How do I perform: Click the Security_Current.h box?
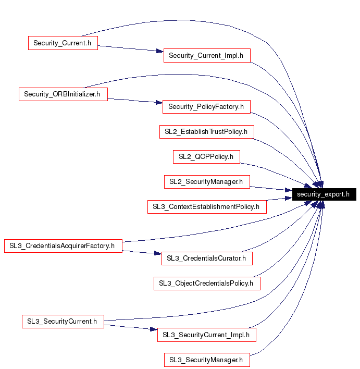pyautogui.click(x=63, y=43)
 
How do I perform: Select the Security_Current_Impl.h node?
pyautogui.click(x=207, y=56)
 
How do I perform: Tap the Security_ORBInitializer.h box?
pyautogui.click(x=63, y=94)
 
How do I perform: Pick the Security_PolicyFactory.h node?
pyautogui.click(x=206, y=107)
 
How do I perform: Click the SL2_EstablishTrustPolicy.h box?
pyautogui.click(x=207, y=132)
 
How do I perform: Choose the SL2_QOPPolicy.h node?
pyautogui.click(x=206, y=157)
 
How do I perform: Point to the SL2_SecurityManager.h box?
pyautogui.click(x=207, y=182)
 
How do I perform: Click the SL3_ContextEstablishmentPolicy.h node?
pyautogui.click(x=207, y=207)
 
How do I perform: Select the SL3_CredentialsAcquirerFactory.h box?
pyautogui.click(x=63, y=246)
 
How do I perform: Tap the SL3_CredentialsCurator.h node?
pyautogui.click(x=207, y=259)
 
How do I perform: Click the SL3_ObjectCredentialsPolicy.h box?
pyautogui.click(x=207, y=284)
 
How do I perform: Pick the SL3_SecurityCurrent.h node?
pyautogui.click(x=63, y=321)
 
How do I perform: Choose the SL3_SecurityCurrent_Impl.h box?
pyautogui.click(x=207, y=335)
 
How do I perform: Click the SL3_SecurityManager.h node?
pyautogui.click(x=207, y=360)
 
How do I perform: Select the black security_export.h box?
pyautogui.click(x=324, y=194)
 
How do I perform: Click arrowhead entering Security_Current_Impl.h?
pyautogui.click(x=160, y=51)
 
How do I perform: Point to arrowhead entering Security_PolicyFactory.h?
pyautogui.click(x=159, y=102)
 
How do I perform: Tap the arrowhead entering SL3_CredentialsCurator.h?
pyautogui.click(x=158, y=253)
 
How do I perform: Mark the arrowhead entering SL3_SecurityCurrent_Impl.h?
pyautogui.click(x=154, y=329)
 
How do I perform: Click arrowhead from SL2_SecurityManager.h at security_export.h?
pyautogui.click(x=289, y=190)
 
